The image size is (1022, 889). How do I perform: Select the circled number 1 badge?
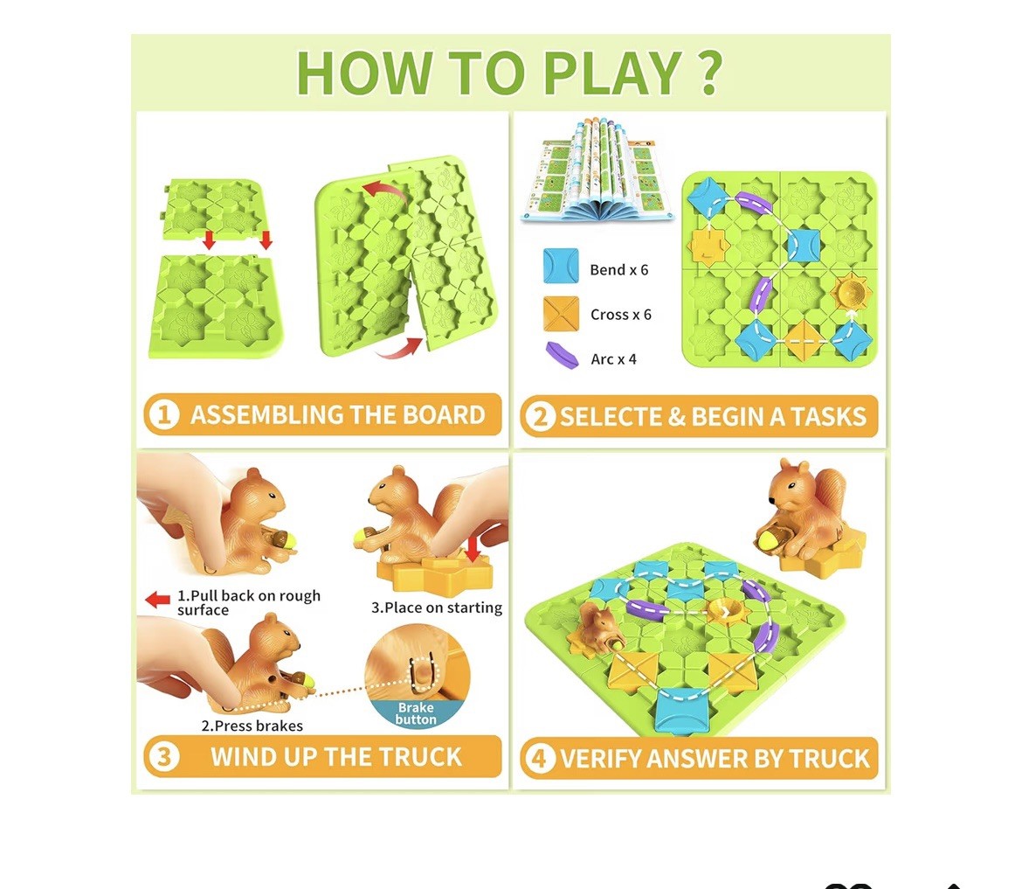163,415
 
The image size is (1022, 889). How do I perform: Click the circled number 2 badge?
541,416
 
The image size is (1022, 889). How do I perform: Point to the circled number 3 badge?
163,757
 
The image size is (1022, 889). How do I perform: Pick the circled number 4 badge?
540,759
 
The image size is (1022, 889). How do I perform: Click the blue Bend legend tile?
561,266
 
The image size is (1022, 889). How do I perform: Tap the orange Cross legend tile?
561,314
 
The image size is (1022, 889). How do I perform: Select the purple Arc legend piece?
562,356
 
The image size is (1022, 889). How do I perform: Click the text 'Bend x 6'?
619,270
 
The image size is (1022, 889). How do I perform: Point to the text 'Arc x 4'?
613,359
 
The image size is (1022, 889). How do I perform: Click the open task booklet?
598,170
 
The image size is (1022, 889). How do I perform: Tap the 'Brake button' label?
416,713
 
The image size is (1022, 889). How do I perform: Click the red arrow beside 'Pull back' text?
158,599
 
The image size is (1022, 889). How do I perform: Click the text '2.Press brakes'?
252,726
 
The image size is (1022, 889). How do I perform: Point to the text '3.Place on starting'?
437,608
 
